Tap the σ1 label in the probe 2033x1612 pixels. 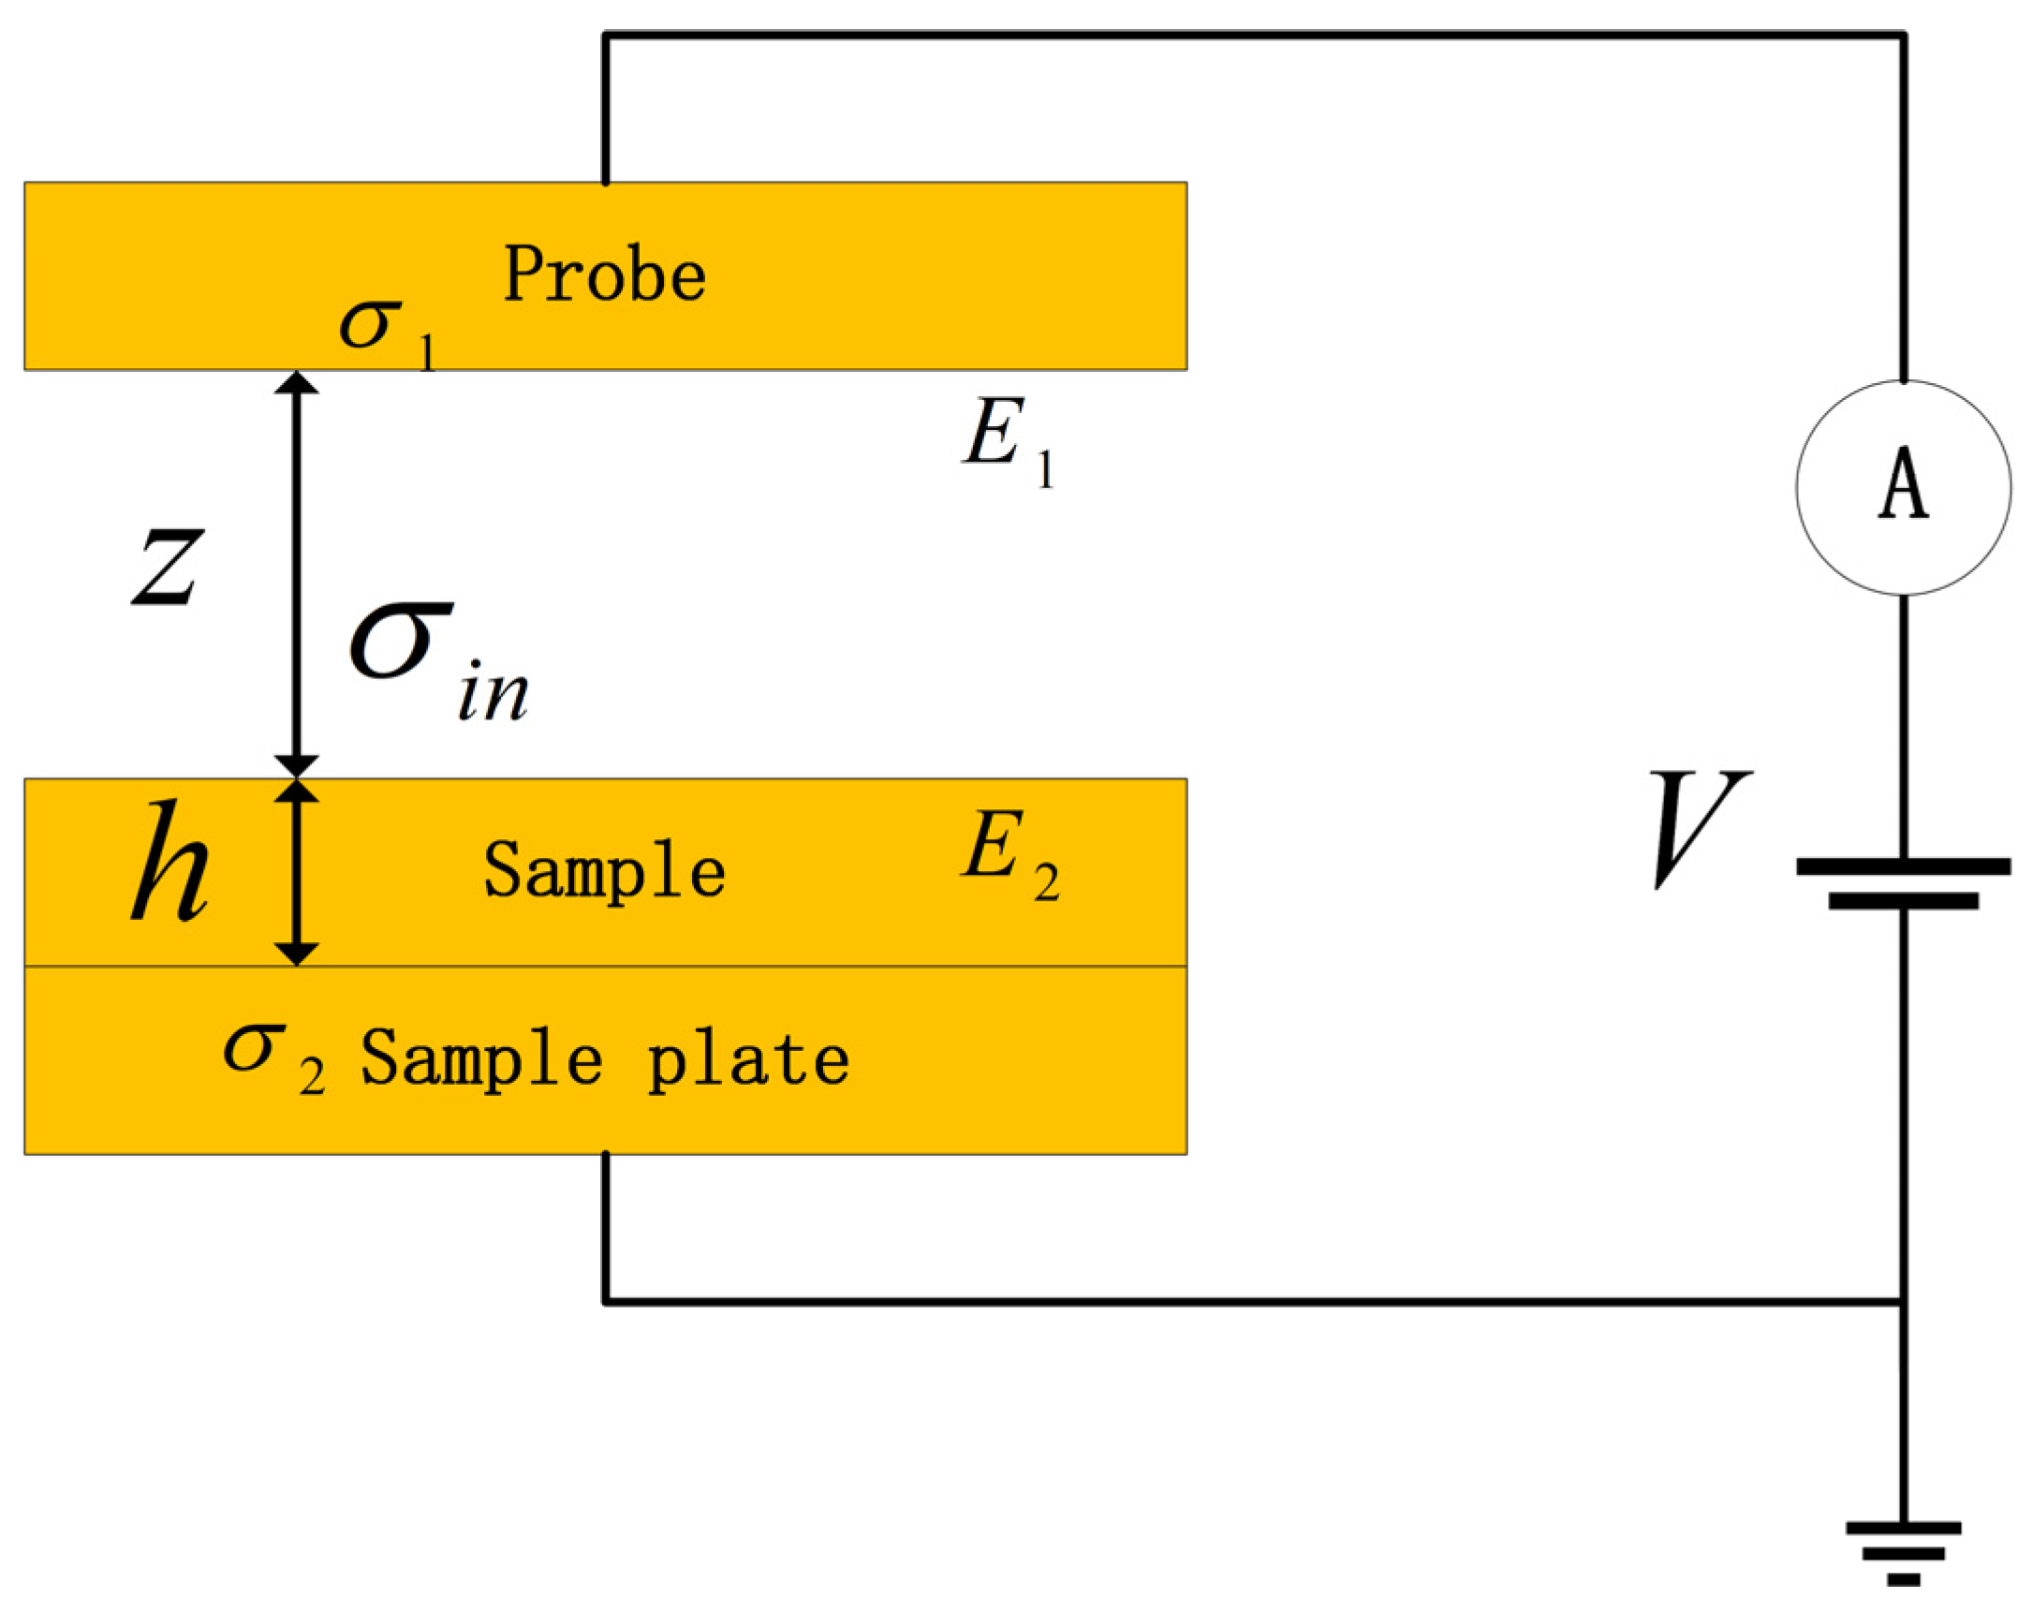click(387, 332)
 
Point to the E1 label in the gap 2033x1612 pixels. click(1007, 441)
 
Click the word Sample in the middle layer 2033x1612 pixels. click(604, 870)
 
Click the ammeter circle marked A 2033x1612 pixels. click(1903, 487)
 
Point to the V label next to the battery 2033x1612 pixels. click(1698, 828)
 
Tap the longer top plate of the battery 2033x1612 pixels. click(1903, 865)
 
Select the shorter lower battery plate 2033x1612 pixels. click(1903, 902)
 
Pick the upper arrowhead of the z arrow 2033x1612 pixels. click(296, 383)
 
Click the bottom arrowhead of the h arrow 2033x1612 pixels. click(296, 954)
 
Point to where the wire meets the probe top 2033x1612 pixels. click(605, 181)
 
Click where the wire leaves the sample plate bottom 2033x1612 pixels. click(605, 1155)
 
